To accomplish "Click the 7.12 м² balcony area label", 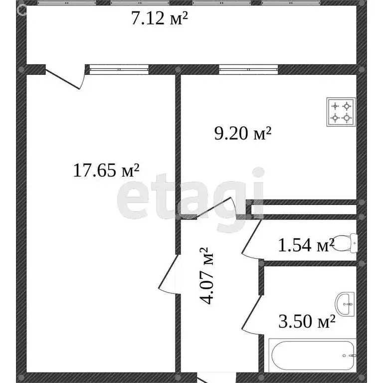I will pos(159,19).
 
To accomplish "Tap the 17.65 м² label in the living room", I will pos(106,171).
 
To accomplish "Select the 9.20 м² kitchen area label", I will pos(242,133).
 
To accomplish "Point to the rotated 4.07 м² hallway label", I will pos(208,276).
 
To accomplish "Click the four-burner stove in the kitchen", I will pos(341,111).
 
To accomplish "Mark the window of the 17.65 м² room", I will pos(119,69).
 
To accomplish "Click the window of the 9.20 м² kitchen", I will pos(249,69).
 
